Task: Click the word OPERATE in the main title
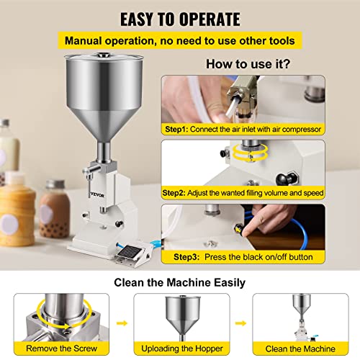pyautogui.click(x=210, y=19)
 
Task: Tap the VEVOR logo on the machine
pyautogui.click(x=97, y=195)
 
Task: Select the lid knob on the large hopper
pyautogui.click(x=104, y=55)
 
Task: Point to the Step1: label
pyautogui.click(x=176, y=130)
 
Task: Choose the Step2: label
pyautogui.click(x=174, y=193)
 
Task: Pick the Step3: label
pyautogui.click(x=186, y=257)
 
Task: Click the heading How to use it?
pyautogui.click(x=248, y=64)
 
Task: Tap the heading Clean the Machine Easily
pyautogui.click(x=179, y=282)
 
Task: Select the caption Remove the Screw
pyautogui.click(x=61, y=348)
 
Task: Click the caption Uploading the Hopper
pyautogui.click(x=182, y=348)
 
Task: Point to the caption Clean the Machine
pyautogui.click(x=300, y=348)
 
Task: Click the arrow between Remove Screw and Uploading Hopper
pyautogui.click(x=122, y=323)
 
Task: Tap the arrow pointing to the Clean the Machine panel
pyautogui.click(x=240, y=323)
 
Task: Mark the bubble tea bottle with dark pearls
pyautogui.click(x=55, y=209)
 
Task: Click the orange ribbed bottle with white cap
pyautogui.click(x=17, y=209)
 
